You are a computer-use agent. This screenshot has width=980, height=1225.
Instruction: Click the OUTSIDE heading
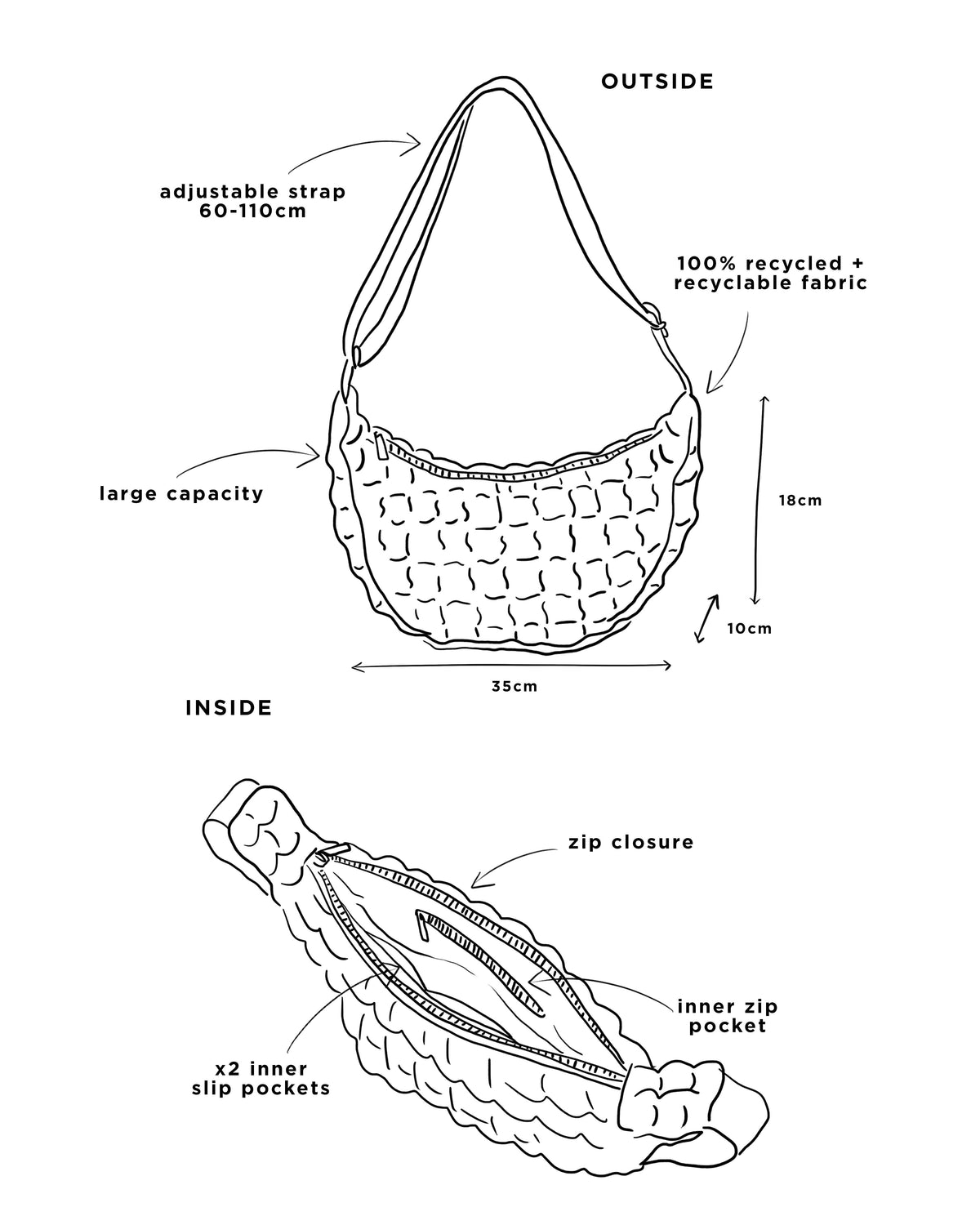click(657, 82)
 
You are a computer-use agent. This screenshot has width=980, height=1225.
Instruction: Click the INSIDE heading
click(229, 707)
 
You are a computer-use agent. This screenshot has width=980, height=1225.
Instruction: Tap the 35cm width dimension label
click(514, 686)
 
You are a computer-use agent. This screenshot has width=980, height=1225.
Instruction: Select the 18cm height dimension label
click(800, 501)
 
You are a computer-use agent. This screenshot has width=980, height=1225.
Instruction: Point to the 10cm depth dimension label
click(750, 629)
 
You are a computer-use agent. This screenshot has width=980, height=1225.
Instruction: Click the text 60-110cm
click(253, 212)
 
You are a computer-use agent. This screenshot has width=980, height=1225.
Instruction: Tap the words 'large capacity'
click(181, 493)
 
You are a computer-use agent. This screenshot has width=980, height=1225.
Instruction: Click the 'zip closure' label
click(631, 843)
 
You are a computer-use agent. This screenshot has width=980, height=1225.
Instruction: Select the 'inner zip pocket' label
click(727, 1016)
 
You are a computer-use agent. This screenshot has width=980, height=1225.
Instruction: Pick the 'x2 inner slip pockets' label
click(261, 1079)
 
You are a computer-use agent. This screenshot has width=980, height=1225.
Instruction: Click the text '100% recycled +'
click(770, 263)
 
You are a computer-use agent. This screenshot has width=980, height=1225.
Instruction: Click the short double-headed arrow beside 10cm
click(707, 618)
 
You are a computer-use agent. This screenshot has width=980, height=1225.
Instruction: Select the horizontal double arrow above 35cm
click(511, 666)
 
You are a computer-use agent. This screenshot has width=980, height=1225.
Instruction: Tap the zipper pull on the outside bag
click(381, 446)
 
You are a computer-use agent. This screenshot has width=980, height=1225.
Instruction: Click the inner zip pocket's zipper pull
click(422, 925)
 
